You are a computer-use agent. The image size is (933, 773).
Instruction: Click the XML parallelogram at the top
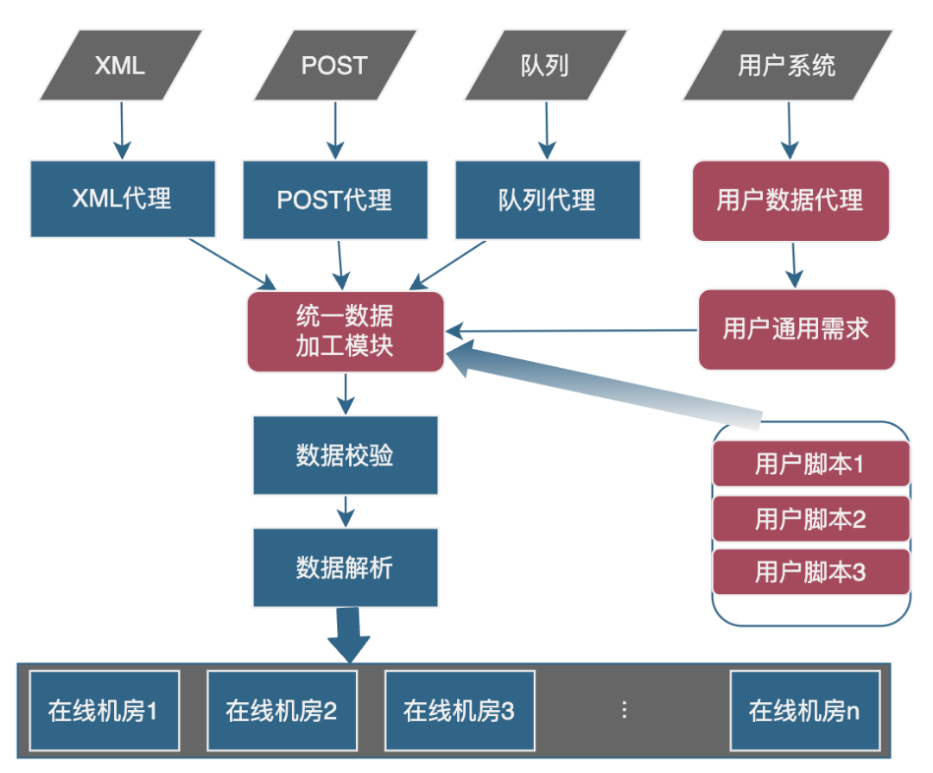[x=121, y=66]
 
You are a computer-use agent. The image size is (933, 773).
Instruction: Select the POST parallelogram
[x=335, y=66]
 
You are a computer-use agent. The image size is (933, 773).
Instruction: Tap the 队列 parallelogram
[x=546, y=66]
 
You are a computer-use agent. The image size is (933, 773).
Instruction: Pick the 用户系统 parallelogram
[x=788, y=66]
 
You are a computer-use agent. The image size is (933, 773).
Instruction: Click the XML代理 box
[x=123, y=199]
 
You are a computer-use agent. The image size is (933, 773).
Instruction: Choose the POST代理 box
[x=335, y=200]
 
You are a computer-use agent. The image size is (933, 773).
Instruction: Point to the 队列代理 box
[x=548, y=200]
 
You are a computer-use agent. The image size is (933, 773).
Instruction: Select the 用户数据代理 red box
[x=790, y=200]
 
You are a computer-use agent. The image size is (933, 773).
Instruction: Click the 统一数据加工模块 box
[x=346, y=332]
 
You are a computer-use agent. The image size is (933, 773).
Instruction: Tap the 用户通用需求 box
[x=797, y=330]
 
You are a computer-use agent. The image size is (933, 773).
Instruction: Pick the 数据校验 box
[x=346, y=455]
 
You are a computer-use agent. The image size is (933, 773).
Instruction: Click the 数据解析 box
[x=346, y=567]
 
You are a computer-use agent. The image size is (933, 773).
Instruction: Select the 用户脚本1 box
[x=811, y=464]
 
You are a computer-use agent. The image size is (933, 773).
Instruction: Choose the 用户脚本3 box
[x=811, y=572]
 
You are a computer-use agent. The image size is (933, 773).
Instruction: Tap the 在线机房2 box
[x=282, y=711]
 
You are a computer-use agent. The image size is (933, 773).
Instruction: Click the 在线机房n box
[x=805, y=711]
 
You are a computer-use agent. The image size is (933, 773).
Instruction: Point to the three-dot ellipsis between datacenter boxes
[x=625, y=709]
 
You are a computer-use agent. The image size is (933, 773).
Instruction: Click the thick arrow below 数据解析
[x=349, y=635]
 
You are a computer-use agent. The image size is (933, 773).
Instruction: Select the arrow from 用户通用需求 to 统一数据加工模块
[x=571, y=330]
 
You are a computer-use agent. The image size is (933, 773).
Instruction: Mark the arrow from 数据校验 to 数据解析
[x=346, y=511]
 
